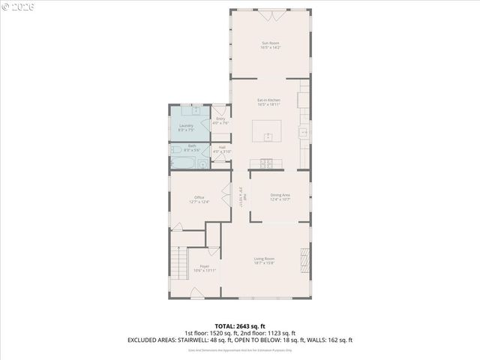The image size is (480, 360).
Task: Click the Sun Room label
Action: (x=270, y=45)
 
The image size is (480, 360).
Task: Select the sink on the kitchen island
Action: (x=267, y=136)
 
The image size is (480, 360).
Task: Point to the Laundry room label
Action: (x=186, y=127)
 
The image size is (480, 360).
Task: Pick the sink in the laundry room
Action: (x=195, y=110)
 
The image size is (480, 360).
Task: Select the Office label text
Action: (x=199, y=199)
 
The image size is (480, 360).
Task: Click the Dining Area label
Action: (x=280, y=196)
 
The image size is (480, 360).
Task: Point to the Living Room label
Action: (x=264, y=260)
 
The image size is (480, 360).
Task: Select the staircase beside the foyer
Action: (x=177, y=262)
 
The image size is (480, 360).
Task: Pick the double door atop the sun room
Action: (x=269, y=13)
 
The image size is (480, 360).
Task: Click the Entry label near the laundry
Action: (x=220, y=120)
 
